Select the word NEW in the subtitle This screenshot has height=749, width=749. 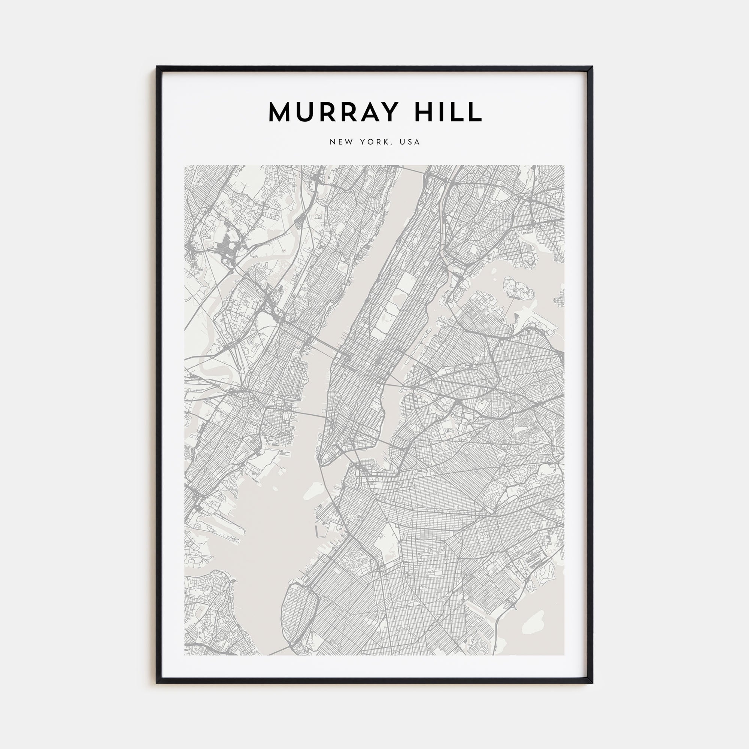click(341, 142)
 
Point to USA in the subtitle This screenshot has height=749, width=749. click(410, 142)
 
